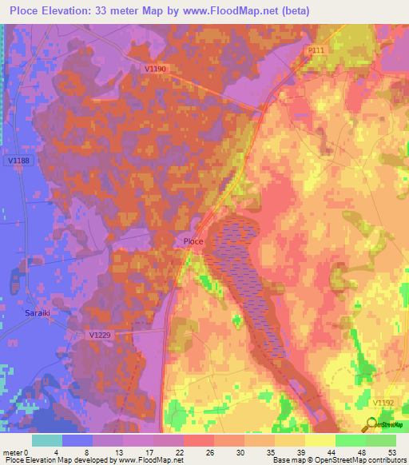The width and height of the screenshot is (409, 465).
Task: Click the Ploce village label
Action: coord(193,241)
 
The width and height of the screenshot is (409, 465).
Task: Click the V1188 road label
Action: coord(18,161)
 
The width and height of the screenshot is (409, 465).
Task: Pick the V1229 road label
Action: coord(101,336)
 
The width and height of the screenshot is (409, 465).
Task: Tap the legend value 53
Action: coord(392,452)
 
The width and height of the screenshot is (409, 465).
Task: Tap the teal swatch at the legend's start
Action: coord(47,440)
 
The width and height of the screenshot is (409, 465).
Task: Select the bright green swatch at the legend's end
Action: coord(380,440)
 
